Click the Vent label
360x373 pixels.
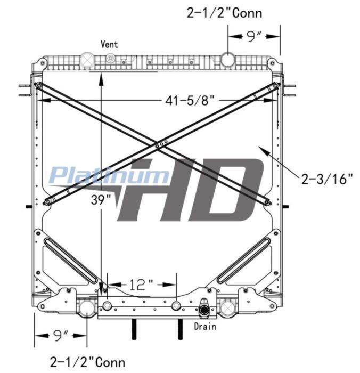pyautogui.click(x=109, y=44)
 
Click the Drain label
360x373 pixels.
pyautogui.click(x=205, y=326)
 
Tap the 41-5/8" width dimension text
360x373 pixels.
pyautogui.click(x=190, y=100)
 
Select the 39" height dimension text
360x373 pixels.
pyautogui.click(x=101, y=200)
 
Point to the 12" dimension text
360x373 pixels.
pyautogui.click(x=141, y=285)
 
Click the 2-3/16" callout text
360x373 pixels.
pyautogui.click(x=327, y=179)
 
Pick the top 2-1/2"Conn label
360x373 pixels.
pyautogui.click(x=224, y=13)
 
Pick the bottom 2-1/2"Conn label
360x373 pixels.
pyautogui.click(x=87, y=362)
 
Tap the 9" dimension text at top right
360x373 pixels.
pyautogui.click(x=253, y=36)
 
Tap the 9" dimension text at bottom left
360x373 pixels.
pyautogui.click(x=60, y=335)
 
